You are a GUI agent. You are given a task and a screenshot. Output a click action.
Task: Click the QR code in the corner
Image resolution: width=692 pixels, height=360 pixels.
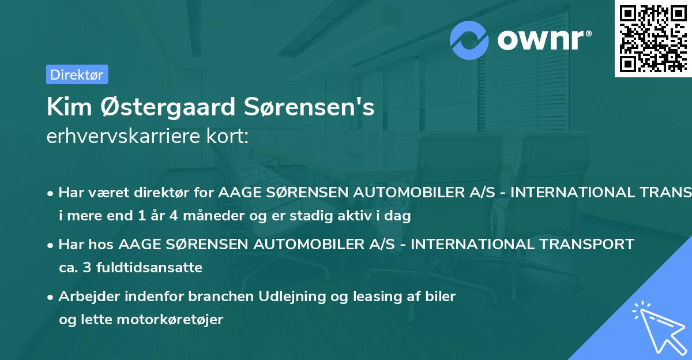pos(653,39)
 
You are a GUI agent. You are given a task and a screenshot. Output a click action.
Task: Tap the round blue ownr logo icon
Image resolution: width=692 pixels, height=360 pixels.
pos(469,40)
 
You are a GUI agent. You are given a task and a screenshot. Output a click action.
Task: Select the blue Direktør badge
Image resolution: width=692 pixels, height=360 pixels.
pos(77,74)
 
